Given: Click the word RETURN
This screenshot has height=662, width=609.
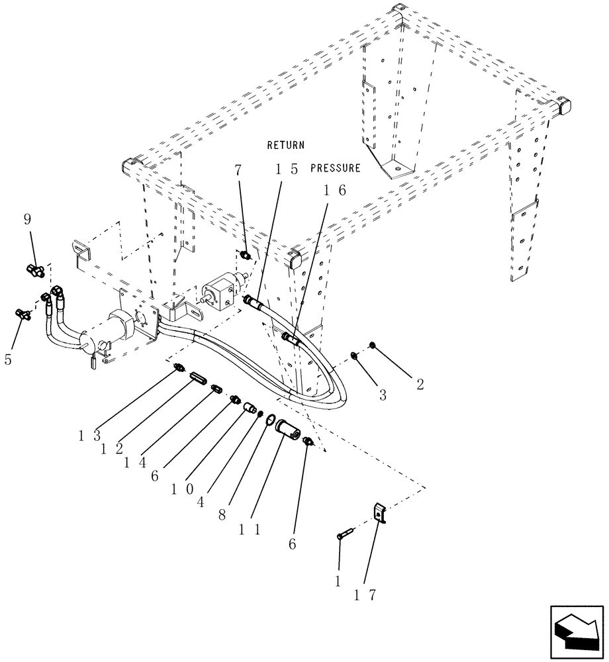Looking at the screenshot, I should coord(285,144).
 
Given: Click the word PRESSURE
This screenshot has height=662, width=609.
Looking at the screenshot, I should coord(336,168).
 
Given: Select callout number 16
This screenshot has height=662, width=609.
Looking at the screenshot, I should coord(334,190).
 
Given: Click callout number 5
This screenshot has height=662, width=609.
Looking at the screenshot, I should coord(8,359).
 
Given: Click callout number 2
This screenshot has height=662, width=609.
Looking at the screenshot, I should coord(420,385).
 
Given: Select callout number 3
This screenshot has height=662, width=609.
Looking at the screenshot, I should coord(383,395).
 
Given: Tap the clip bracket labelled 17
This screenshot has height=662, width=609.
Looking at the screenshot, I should coord(379,513).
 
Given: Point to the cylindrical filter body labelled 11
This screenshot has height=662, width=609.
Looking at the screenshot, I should coord(288,430).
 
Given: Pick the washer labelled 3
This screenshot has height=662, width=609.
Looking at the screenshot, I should coord(355,357).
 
